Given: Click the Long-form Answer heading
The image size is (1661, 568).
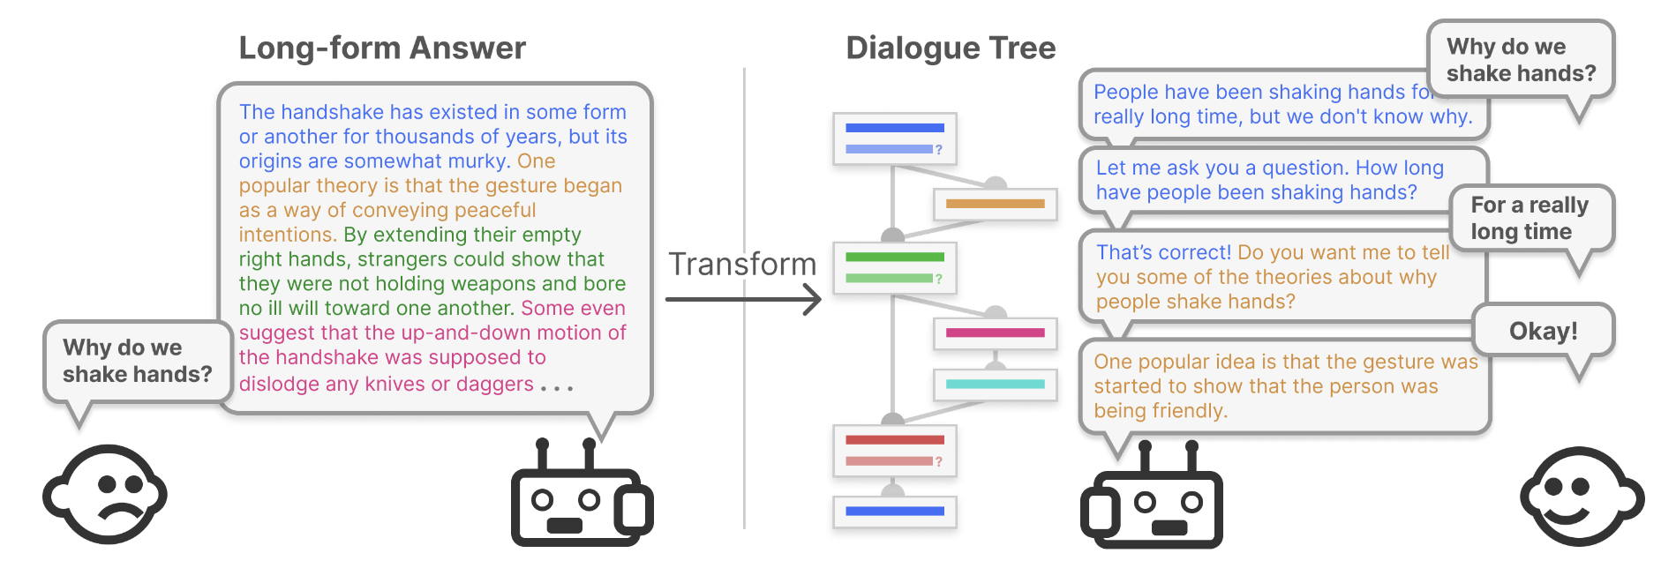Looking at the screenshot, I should point(382,48).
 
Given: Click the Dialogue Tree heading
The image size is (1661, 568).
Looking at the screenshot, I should point(951,48).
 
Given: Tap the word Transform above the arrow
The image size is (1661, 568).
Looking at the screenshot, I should point(742,264).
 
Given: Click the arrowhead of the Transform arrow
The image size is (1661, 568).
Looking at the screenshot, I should point(813,300).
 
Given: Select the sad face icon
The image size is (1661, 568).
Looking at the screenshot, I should point(106,495).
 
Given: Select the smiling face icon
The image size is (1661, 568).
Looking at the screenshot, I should point(1581,497).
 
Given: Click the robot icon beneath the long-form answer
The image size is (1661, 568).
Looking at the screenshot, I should point(581,498).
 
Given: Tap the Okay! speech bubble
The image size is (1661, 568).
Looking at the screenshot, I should point(1543,331).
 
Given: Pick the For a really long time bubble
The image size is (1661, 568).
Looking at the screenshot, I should point(1529,218).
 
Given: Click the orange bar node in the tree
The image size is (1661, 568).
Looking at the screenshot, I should point(995,204).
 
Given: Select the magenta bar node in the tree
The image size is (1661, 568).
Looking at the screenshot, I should point(995,333).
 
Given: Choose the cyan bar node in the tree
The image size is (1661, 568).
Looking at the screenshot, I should point(995,384).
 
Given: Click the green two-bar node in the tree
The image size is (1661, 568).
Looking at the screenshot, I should point(894,267).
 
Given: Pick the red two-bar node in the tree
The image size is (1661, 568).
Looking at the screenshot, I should point(894,450).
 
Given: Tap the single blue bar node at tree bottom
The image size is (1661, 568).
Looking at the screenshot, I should point(894,511).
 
